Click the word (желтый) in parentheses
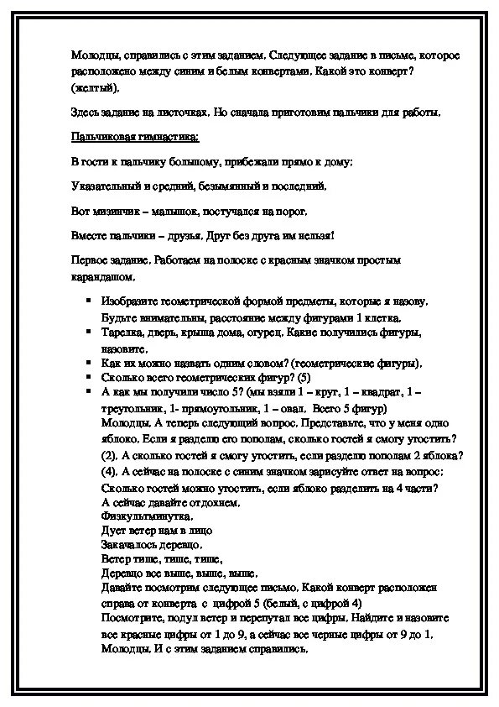pos(95,87)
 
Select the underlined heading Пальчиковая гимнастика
pos(134,136)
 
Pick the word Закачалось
pos(128,544)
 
